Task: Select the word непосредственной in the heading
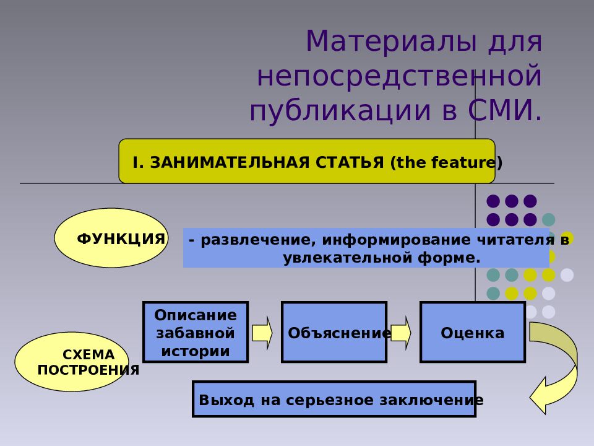(399, 76)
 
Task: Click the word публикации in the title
(340, 111)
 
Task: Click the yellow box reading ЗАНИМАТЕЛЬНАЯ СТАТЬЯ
(307, 161)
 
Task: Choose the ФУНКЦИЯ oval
(111, 238)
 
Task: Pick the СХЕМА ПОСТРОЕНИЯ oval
(72, 362)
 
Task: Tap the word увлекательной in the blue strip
(348, 258)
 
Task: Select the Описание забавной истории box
(196, 332)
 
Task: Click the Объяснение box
(334, 332)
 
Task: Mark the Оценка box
(473, 332)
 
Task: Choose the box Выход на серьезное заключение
(334, 399)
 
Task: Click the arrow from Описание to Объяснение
(262, 333)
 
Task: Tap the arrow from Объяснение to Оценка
(401, 333)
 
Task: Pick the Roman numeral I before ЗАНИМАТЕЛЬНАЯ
(136, 162)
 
